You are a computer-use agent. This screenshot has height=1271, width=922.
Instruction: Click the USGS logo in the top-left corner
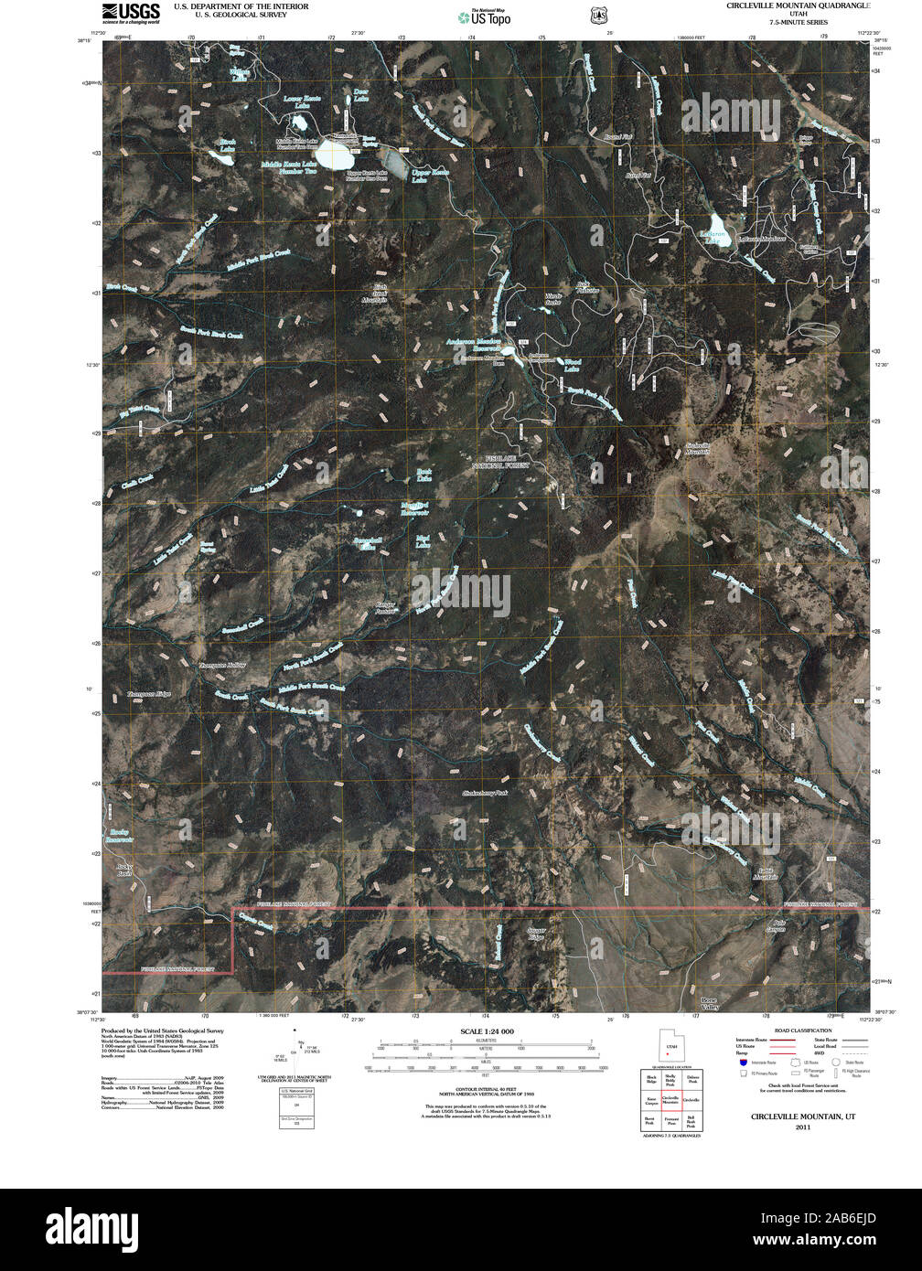click(x=131, y=12)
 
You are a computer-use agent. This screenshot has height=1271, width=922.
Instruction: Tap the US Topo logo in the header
click(x=485, y=16)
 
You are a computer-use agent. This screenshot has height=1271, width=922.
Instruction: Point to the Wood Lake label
click(x=572, y=366)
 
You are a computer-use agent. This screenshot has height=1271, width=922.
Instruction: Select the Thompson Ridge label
click(x=148, y=696)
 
